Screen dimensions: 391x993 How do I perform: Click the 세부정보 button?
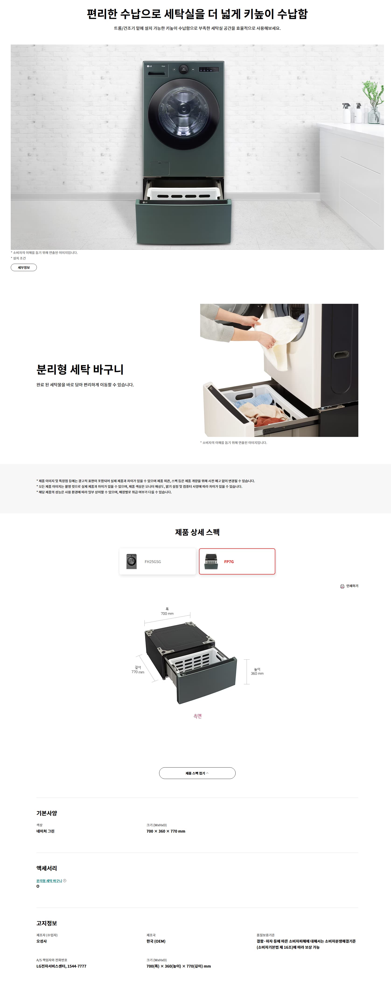(x=24, y=267)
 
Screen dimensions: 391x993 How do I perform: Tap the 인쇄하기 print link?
(x=349, y=586)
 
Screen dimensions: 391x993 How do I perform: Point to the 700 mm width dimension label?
(x=167, y=613)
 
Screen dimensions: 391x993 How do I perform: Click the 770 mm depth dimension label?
(x=138, y=672)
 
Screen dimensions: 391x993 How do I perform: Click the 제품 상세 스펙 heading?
(x=197, y=532)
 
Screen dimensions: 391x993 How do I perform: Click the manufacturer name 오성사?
(x=42, y=941)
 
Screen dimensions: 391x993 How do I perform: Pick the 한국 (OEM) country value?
(x=156, y=941)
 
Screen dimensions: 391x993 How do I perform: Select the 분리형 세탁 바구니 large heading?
(x=80, y=369)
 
